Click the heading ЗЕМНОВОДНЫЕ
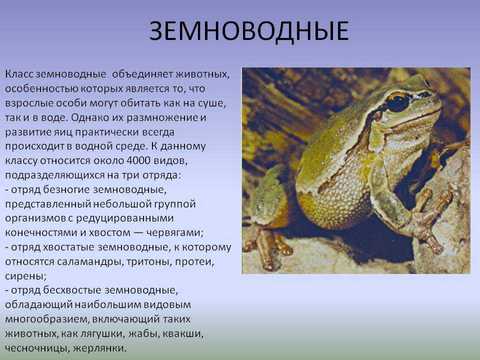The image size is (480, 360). click(249, 31)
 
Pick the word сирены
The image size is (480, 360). click(25, 276)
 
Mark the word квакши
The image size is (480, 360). click(183, 333)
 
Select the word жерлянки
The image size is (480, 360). click(100, 348)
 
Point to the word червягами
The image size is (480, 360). click(174, 233)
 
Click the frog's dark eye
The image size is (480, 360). click(397, 102)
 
